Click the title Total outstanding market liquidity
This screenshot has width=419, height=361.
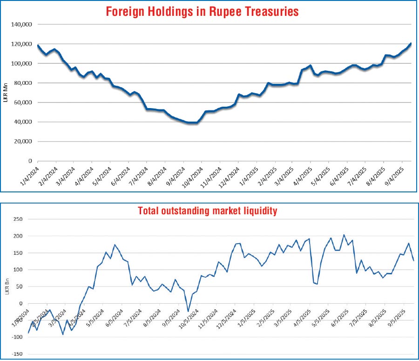(x=208, y=211)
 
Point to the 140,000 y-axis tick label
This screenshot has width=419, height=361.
(x=21, y=24)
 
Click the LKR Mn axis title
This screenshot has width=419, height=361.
(x=5, y=92)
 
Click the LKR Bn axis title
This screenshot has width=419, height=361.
(x=6, y=286)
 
